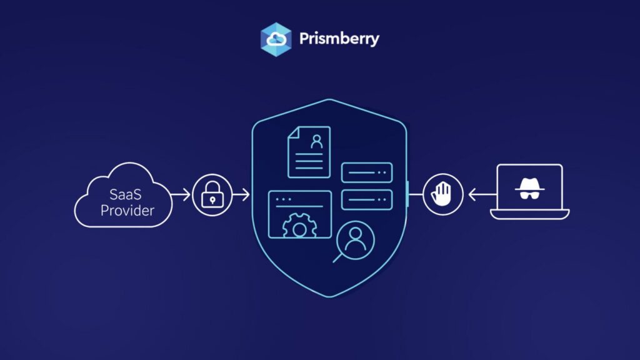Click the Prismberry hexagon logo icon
(x=276, y=39)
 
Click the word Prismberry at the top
(x=339, y=39)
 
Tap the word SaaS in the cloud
(x=125, y=194)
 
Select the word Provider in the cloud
(x=127, y=211)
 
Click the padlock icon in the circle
(x=212, y=195)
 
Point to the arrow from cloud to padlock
(x=181, y=195)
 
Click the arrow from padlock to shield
(x=241, y=195)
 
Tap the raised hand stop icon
(x=442, y=194)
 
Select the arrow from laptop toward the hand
(x=482, y=195)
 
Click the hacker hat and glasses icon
(x=529, y=189)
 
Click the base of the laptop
(x=530, y=214)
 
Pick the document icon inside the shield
(x=309, y=152)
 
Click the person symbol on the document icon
(x=317, y=141)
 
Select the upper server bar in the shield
(x=367, y=172)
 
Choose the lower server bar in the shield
(x=367, y=199)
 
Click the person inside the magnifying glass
(x=356, y=239)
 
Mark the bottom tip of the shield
(x=330, y=297)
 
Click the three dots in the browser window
(x=284, y=199)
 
